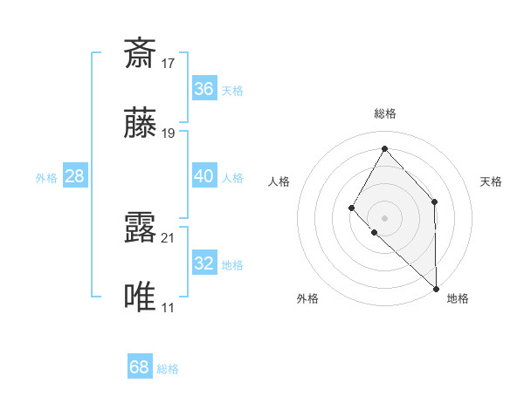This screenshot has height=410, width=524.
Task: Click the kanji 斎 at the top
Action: (x=140, y=54)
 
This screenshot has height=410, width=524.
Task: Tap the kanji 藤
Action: (x=140, y=124)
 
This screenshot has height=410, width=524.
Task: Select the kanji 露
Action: (x=140, y=228)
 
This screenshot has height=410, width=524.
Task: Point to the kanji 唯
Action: (x=140, y=298)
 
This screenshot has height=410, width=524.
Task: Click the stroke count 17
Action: (x=169, y=64)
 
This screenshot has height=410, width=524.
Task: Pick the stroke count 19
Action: (x=169, y=133)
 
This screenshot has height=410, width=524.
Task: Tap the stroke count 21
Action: (x=169, y=237)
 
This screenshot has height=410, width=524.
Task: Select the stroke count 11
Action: (x=169, y=308)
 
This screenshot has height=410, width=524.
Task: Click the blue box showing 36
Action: (x=203, y=89)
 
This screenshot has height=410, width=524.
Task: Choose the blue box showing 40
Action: (x=203, y=176)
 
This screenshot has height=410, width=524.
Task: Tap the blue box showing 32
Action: (x=203, y=263)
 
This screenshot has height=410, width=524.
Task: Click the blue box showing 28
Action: (x=74, y=176)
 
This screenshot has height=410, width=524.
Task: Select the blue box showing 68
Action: (x=139, y=367)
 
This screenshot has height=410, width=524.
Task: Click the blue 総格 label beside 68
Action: (x=168, y=369)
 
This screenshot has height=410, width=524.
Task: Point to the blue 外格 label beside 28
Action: (x=46, y=178)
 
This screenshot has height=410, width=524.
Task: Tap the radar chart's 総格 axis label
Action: (x=384, y=113)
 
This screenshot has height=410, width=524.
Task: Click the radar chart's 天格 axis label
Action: (x=492, y=181)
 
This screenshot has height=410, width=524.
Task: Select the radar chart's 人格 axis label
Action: (x=279, y=181)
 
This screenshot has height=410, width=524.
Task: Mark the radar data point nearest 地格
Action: (x=436, y=288)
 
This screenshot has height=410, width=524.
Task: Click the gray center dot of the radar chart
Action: (x=384, y=217)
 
